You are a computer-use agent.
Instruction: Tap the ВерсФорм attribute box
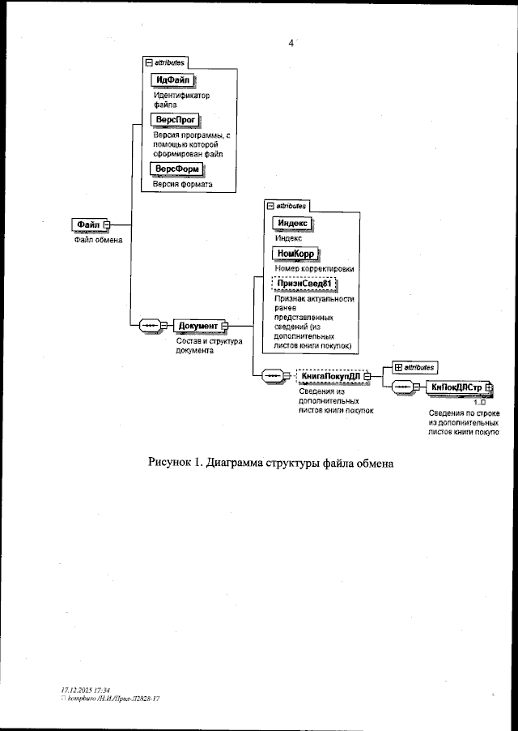click(x=176, y=168)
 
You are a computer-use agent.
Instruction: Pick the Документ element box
click(x=197, y=326)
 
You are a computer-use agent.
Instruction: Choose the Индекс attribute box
click(x=291, y=223)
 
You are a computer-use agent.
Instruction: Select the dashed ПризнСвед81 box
click(x=304, y=283)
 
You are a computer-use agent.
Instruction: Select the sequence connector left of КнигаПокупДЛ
click(x=274, y=376)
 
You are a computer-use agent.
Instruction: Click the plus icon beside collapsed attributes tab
click(x=397, y=368)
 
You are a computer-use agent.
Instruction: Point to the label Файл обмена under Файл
click(x=93, y=239)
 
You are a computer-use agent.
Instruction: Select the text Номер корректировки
click(x=315, y=268)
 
